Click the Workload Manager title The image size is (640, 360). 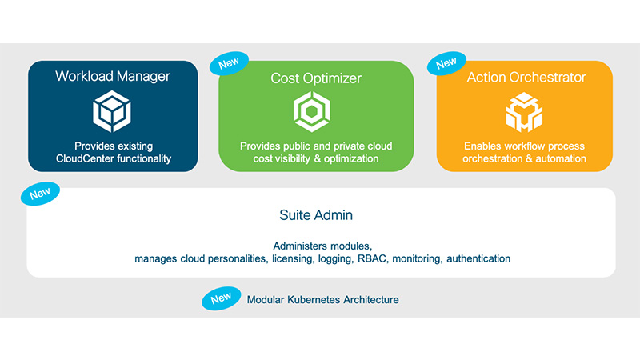pos(113,76)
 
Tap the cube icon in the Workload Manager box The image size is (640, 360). pos(113,111)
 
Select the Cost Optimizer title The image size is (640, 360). pos(316,78)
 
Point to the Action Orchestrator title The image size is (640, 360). pos(526,78)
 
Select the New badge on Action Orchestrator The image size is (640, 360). pos(446,63)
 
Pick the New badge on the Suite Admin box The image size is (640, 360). pos(40,194)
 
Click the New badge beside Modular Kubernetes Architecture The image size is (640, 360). pos(221,298)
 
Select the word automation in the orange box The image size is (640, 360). pos(560,159)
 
